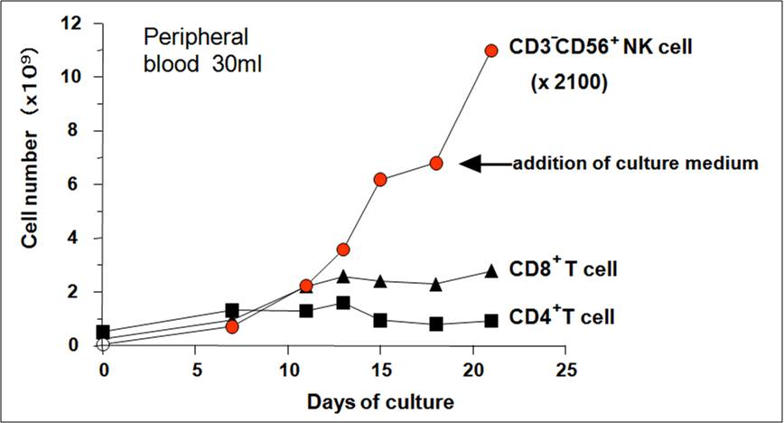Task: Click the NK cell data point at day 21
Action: point(491,51)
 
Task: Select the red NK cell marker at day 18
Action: point(436,164)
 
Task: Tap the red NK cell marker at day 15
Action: point(380,180)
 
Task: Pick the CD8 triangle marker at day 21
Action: point(491,270)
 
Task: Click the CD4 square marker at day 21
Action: point(491,321)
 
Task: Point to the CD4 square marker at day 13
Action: point(343,303)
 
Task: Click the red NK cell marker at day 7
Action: point(232,326)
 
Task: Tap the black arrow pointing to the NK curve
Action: point(484,164)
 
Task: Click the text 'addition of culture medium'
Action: point(634,164)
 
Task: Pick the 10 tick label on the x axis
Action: point(288,371)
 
